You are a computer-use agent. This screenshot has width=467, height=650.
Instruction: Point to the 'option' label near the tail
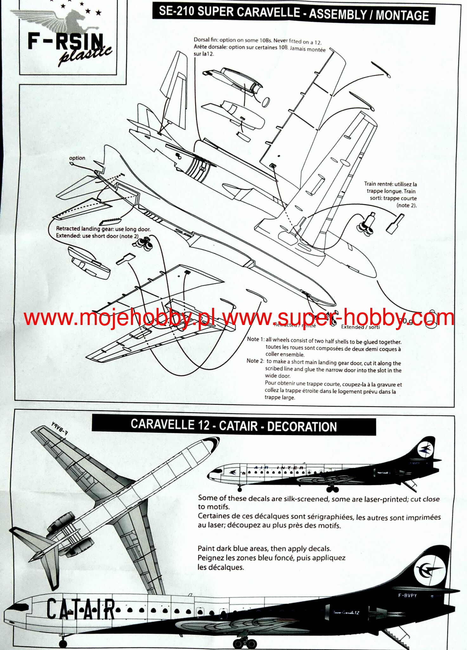77,158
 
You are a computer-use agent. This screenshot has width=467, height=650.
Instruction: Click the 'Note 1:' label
256,339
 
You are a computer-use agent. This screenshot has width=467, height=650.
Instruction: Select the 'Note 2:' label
255,361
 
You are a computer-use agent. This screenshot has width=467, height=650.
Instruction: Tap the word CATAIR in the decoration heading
238,426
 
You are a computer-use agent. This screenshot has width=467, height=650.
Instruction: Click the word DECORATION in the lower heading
302,427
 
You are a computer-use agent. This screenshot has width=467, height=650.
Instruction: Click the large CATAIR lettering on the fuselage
81,609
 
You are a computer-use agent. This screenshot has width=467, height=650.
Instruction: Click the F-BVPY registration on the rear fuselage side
408,596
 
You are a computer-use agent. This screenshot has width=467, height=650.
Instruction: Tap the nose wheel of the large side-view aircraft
63,644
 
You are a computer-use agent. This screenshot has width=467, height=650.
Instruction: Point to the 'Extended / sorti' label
360,327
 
